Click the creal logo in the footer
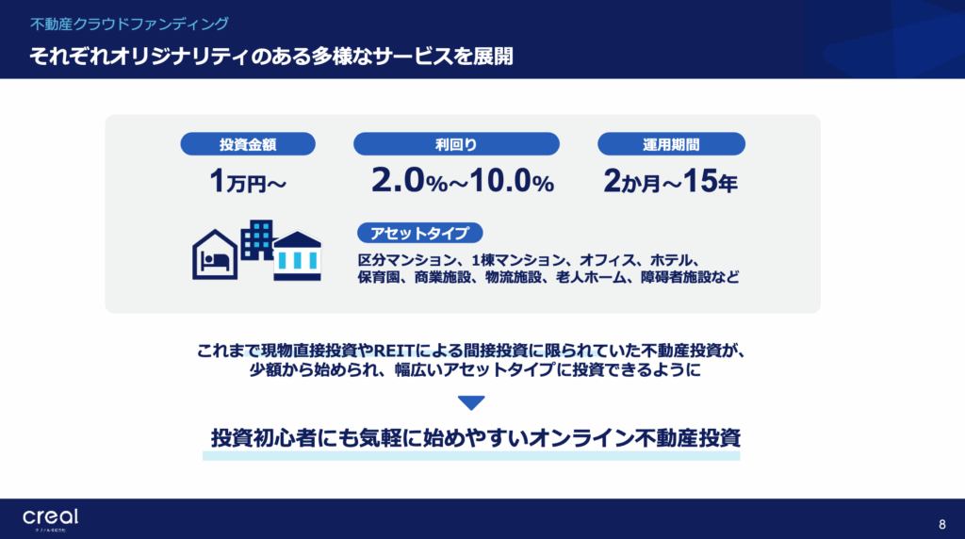click(51, 518)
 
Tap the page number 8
click(941, 524)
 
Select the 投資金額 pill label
click(248, 144)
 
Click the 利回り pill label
click(456, 144)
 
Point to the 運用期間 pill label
click(671, 144)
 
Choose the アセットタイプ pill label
click(419, 233)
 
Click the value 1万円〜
click(248, 182)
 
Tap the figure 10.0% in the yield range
click(512, 181)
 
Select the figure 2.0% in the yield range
click(409, 181)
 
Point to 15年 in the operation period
click(710, 182)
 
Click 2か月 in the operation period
click(631, 182)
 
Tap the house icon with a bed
click(215, 254)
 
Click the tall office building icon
click(256, 240)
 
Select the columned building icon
click(297, 256)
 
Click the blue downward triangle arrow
click(471, 403)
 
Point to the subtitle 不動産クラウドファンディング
click(129, 24)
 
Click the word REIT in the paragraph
click(394, 351)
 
